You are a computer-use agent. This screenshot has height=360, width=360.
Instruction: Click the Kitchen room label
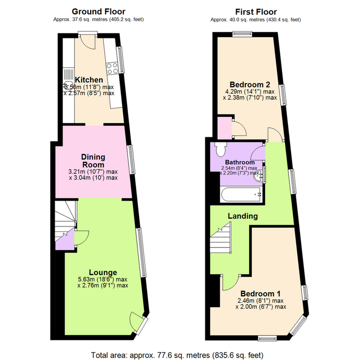(x=89, y=80)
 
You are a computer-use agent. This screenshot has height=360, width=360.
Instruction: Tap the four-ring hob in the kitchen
(x=112, y=68)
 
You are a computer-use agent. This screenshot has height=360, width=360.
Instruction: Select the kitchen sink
(x=69, y=79)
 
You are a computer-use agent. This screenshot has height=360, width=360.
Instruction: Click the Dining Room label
(x=93, y=161)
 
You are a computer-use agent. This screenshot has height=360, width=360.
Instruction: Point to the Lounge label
(x=103, y=272)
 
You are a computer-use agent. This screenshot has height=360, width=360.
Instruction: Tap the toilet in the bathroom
(x=221, y=149)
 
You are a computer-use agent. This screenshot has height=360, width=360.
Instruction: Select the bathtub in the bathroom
(x=241, y=194)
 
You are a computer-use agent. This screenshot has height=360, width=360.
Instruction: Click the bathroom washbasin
(x=259, y=176)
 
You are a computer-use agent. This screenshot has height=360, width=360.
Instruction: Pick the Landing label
(x=243, y=216)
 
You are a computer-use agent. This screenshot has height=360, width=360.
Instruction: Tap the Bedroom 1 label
(x=260, y=294)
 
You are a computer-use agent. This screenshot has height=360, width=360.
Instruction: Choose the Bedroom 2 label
(x=250, y=84)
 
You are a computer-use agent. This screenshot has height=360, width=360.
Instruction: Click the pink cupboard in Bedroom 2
(x=225, y=128)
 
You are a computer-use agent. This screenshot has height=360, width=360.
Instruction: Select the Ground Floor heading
(x=98, y=12)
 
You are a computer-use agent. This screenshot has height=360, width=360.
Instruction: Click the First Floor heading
(x=256, y=12)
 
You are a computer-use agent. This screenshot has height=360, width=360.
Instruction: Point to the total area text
(x=177, y=355)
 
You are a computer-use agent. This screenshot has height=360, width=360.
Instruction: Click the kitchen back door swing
(x=89, y=43)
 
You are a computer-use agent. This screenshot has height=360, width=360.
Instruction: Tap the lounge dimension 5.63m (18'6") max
(x=102, y=279)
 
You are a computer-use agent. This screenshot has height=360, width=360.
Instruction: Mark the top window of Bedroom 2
(x=242, y=34)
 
